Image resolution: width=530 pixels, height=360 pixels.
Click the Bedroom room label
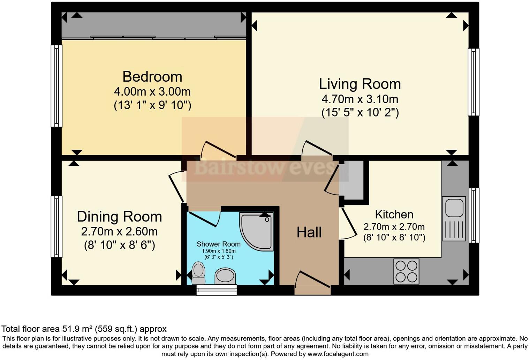point(152,77)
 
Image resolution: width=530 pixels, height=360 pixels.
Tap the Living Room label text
point(360,84)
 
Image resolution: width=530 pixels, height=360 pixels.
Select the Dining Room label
point(120,217)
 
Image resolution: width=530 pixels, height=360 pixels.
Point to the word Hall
point(309,232)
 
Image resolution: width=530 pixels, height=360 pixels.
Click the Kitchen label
point(394,215)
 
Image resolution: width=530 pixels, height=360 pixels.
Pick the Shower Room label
point(219,244)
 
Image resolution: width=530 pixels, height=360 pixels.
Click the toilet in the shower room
point(198,273)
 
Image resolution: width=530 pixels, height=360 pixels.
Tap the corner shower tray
point(257,232)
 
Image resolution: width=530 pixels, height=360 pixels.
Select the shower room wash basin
point(225,276)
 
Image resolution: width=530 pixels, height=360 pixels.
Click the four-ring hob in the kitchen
point(406,271)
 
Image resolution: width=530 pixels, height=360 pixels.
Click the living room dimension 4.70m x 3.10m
point(360,99)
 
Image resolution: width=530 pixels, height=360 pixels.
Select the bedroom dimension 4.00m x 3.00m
point(152,92)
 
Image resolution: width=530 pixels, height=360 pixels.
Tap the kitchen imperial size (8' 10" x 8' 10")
point(394,238)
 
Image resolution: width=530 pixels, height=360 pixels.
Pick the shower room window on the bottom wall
point(217,290)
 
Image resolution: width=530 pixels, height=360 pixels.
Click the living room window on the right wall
point(474,82)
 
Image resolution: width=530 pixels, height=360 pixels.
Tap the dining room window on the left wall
point(56,226)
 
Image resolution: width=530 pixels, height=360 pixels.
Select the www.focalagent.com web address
point(338,354)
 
